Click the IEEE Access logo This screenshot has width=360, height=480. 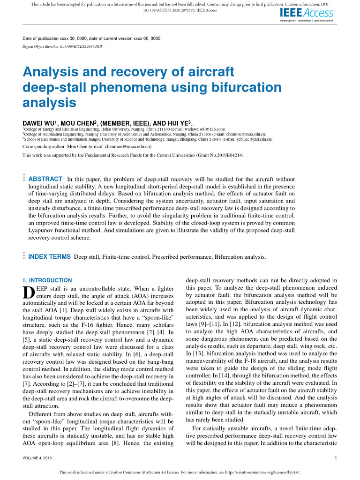307,14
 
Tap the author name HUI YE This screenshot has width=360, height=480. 178,121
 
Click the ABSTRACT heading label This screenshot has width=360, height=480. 45,179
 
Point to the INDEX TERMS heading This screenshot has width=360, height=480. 50,257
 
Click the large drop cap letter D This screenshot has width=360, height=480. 28,292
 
